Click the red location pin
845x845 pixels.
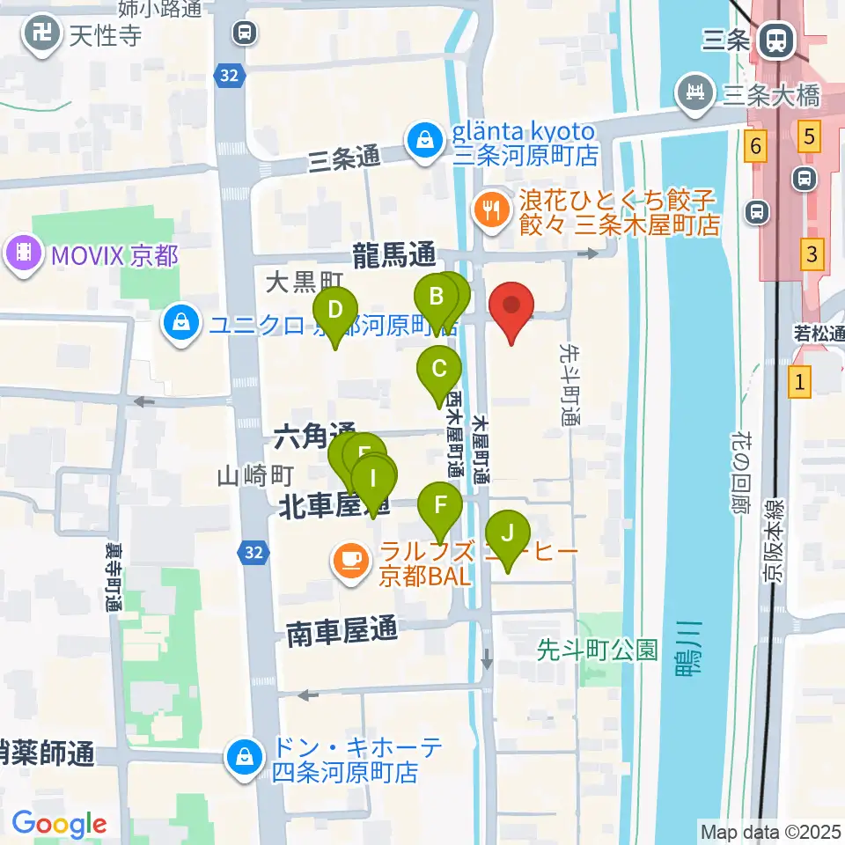pos(516,312)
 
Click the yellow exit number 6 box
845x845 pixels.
pos(754,144)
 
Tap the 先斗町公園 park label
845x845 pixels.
pos(598,650)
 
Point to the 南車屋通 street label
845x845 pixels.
pos(342,632)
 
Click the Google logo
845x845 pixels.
pos(59,823)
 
